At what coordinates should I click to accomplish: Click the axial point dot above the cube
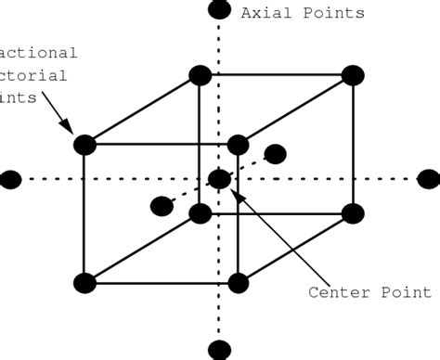(x=219, y=10)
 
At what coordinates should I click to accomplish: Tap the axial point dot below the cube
(x=219, y=350)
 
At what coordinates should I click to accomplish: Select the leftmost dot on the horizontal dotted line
(x=10, y=180)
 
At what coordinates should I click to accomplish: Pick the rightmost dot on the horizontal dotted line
(x=428, y=178)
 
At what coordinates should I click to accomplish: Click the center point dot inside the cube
(x=219, y=179)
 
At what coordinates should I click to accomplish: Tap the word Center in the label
(x=337, y=293)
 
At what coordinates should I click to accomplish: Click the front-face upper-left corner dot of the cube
(x=84, y=145)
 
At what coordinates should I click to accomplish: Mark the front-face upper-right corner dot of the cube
(x=238, y=145)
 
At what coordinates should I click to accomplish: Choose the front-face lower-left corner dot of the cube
(x=84, y=283)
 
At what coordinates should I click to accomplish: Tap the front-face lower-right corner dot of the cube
(x=238, y=283)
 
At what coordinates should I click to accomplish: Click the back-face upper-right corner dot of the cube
(x=352, y=75)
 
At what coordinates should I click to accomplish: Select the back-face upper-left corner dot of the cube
(x=200, y=75)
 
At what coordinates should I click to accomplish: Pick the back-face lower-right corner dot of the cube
(x=352, y=213)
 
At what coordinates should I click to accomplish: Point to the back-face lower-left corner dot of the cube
(x=200, y=213)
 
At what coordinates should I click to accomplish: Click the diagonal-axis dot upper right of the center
(x=275, y=153)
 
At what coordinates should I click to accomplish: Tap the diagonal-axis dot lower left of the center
(x=162, y=205)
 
